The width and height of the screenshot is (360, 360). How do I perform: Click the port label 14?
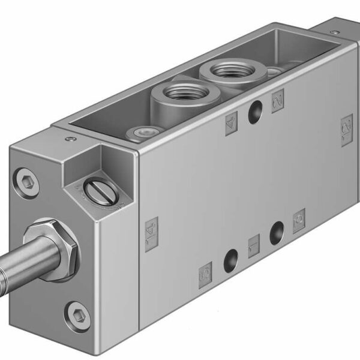[x=151, y=227]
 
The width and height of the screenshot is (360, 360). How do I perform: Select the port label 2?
[x=277, y=101]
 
